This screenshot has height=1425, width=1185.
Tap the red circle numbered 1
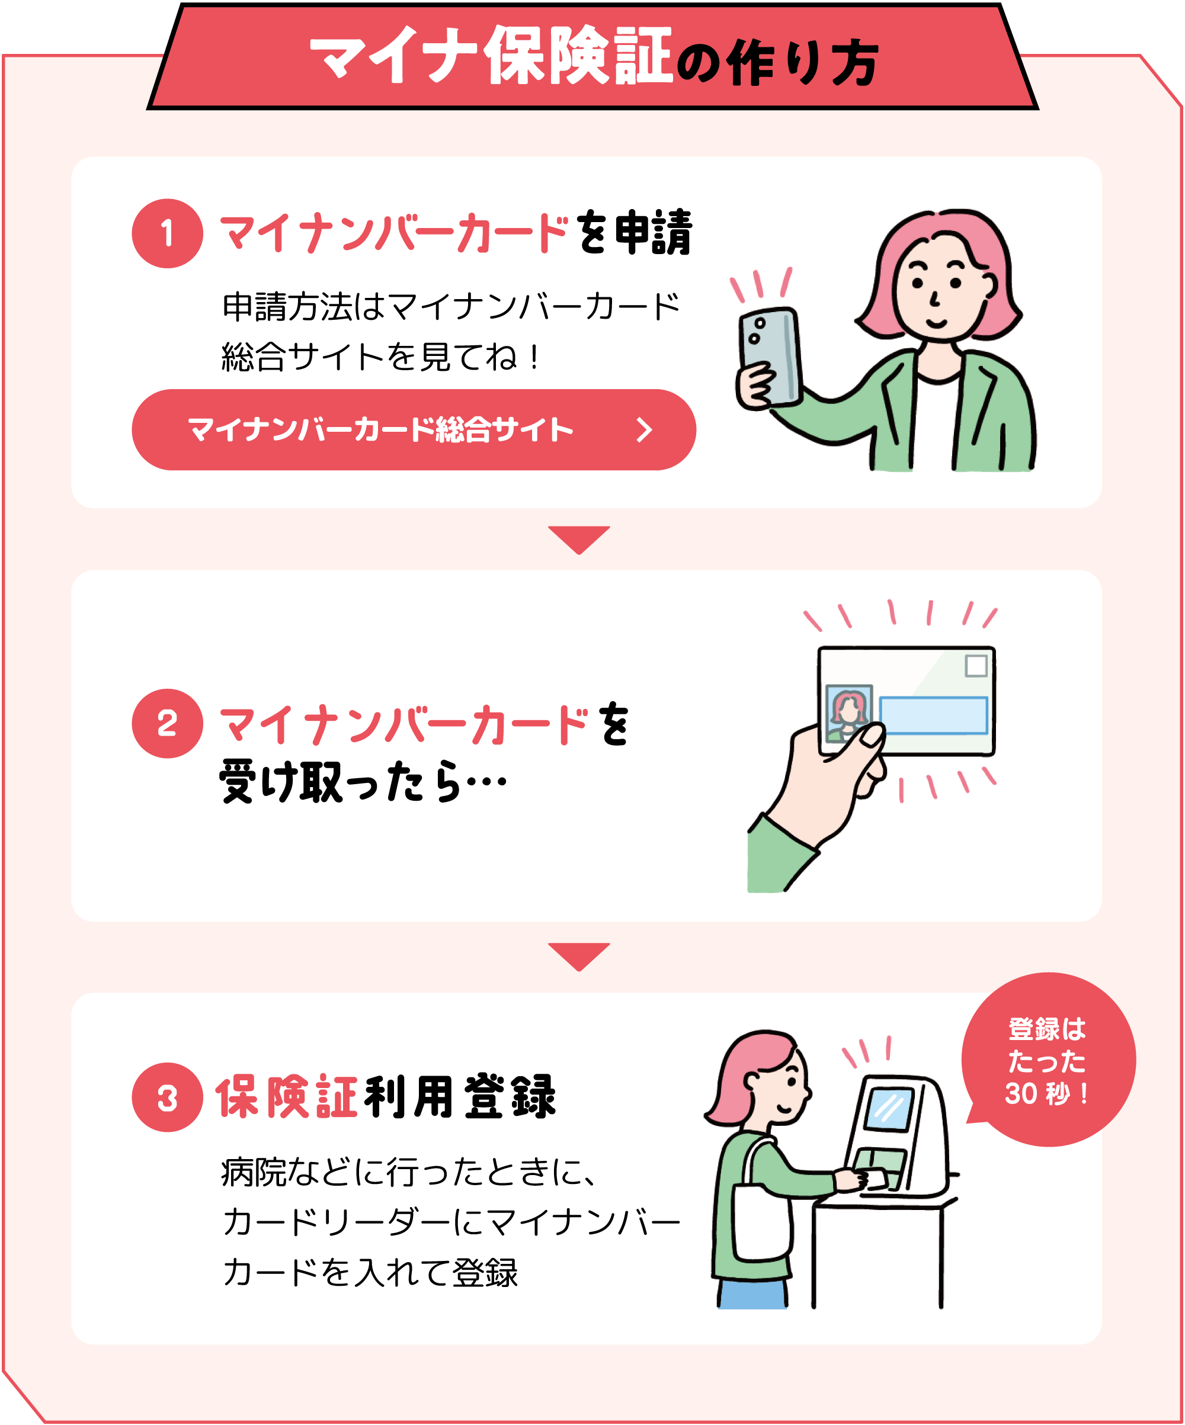pyautogui.click(x=167, y=233)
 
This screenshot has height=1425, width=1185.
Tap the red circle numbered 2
pyautogui.click(x=167, y=723)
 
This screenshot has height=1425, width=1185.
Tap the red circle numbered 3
pyautogui.click(x=167, y=1097)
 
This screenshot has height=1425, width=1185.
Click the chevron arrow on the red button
pyautogui.click(x=643, y=429)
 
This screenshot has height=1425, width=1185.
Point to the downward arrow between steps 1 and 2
pyautogui.click(x=579, y=539)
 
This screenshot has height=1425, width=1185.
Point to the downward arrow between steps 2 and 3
pyautogui.click(x=579, y=955)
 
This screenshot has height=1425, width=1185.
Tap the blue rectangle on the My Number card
pyautogui.click(x=933, y=715)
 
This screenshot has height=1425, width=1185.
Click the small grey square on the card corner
pyautogui.click(x=976, y=666)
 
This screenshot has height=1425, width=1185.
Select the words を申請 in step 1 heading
pyautogui.click(x=635, y=233)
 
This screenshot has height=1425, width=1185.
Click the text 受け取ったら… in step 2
pyautogui.click(x=363, y=782)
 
